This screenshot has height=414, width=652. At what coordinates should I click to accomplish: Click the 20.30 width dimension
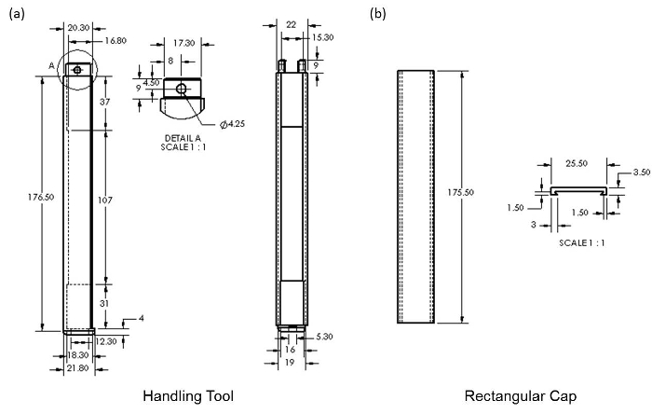(x=80, y=28)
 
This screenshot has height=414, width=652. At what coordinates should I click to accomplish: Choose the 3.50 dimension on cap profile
(x=639, y=172)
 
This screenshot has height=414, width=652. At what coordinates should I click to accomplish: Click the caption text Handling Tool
(x=187, y=396)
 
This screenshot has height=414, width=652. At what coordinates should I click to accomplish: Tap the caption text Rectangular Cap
(x=520, y=396)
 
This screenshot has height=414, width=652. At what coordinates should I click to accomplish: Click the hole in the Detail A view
(x=182, y=88)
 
